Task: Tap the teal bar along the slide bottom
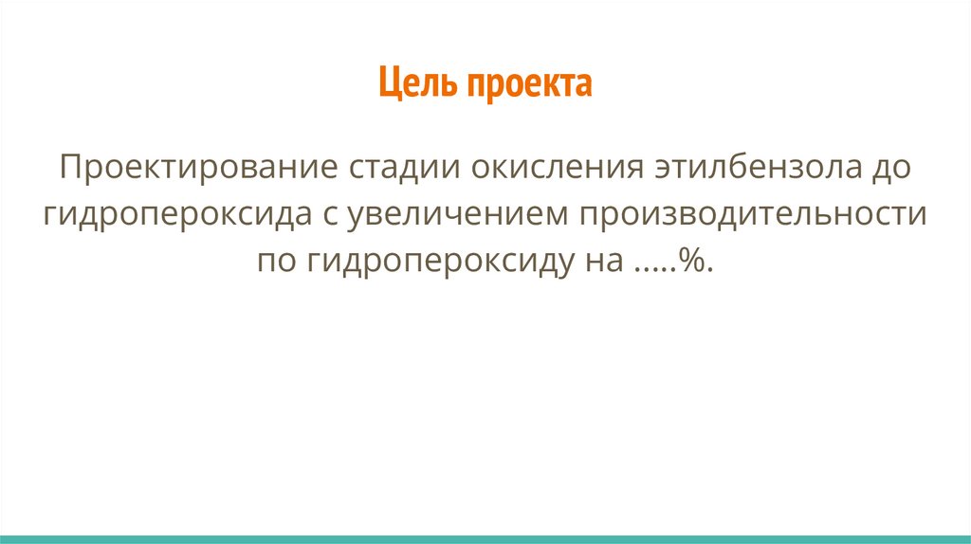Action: (x=485, y=538)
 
